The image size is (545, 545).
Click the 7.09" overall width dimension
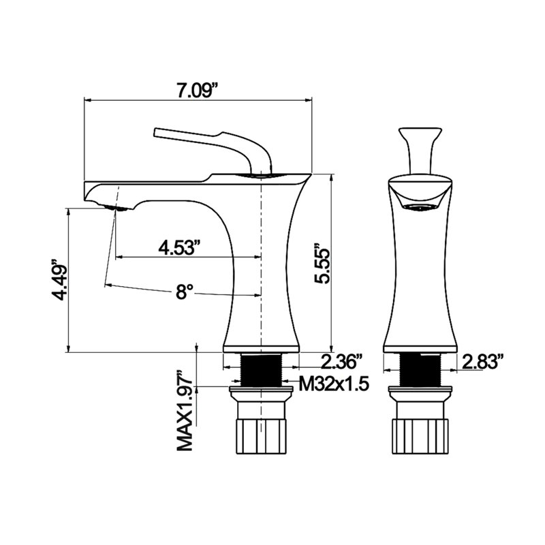198,92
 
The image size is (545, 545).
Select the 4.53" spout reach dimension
180,247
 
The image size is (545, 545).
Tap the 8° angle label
184,292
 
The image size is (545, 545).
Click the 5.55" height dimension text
322,264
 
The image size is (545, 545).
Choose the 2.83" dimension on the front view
483,362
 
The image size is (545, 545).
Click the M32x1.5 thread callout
333,384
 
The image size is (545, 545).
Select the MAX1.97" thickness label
185,413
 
